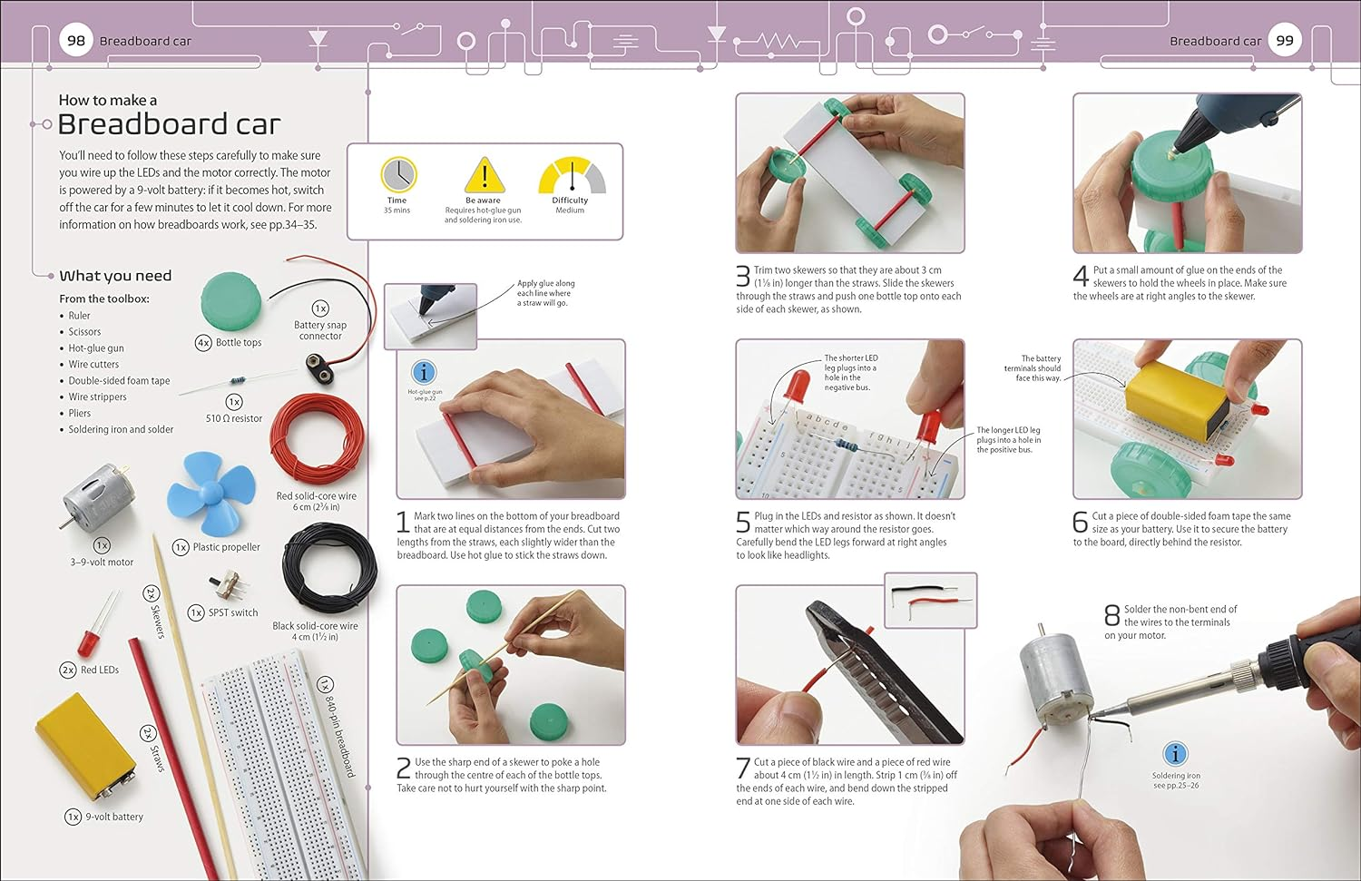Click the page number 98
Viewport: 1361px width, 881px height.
[76, 40]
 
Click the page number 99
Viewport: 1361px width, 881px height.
[1285, 40]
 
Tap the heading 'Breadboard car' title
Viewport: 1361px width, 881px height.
[169, 124]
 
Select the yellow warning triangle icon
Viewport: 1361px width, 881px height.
[484, 174]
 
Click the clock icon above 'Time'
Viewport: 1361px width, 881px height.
[397, 174]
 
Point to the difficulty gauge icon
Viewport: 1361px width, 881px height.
[571, 176]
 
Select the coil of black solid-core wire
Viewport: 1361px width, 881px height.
[328, 572]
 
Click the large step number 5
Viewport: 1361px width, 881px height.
[743, 522]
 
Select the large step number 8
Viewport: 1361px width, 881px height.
[1111, 615]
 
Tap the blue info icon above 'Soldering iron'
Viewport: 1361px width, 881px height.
[1175, 754]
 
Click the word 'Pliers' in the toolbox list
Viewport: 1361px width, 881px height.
[80, 413]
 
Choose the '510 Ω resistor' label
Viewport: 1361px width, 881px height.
[233, 418]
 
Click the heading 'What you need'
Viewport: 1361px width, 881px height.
[115, 276]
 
